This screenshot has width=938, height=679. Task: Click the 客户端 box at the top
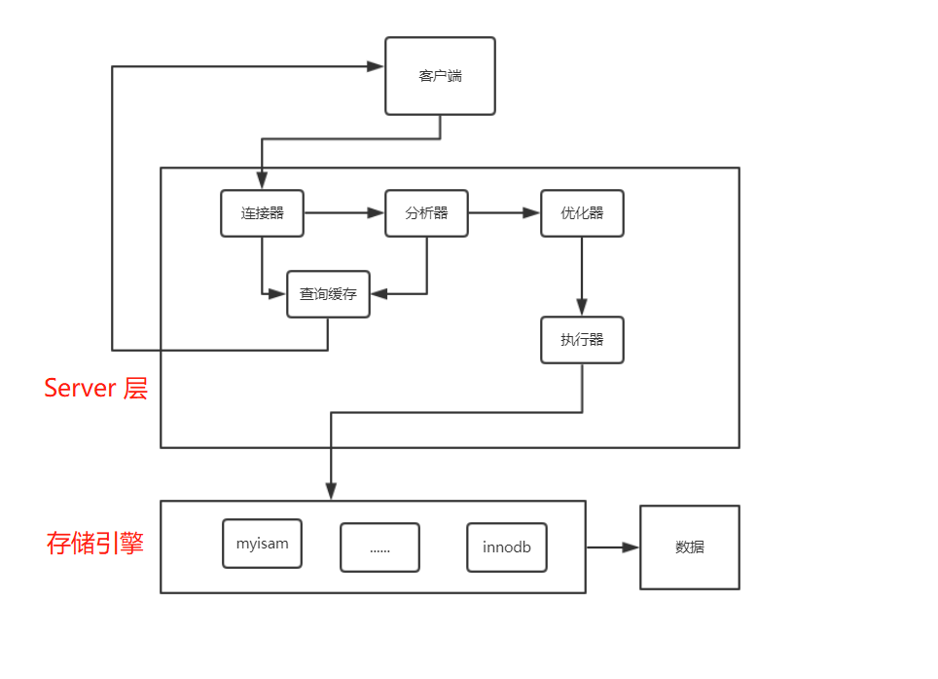(x=440, y=76)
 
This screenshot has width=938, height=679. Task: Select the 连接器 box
(x=262, y=213)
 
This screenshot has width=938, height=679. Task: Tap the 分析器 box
(x=426, y=213)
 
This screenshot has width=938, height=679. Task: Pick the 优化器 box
(x=582, y=213)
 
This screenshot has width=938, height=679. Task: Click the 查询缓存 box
(x=328, y=294)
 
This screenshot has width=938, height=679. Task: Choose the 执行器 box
(x=582, y=340)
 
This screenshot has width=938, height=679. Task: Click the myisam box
(x=262, y=544)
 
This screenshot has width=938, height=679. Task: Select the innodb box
(x=506, y=547)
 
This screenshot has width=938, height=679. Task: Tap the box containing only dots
(x=379, y=547)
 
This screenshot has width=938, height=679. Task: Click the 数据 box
(x=689, y=547)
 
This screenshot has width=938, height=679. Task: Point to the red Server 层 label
(x=95, y=389)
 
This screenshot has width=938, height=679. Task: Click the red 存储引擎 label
(x=95, y=543)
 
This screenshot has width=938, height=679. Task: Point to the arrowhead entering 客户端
(x=376, y=66)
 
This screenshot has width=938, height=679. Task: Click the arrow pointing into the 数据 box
(x=615, y=547)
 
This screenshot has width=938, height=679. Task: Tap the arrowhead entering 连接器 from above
(x=262, y=180)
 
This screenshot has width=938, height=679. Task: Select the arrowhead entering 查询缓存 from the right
(x=379, y=293)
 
